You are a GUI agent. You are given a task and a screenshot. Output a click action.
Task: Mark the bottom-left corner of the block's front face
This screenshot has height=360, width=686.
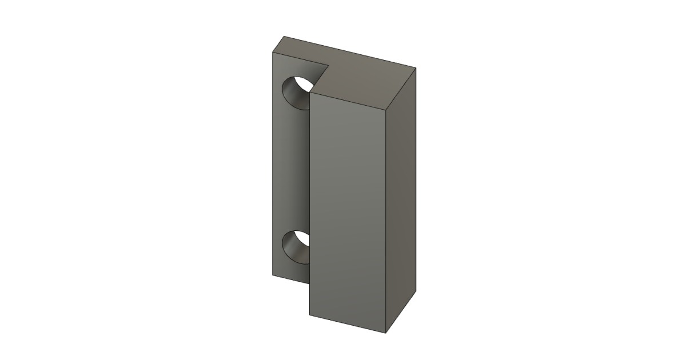coord(310,316)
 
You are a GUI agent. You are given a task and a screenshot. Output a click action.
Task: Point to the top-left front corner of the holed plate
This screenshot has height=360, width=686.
coord(272,51)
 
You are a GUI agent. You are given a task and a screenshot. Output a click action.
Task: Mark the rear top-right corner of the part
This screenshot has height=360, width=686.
coord(416,68)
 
